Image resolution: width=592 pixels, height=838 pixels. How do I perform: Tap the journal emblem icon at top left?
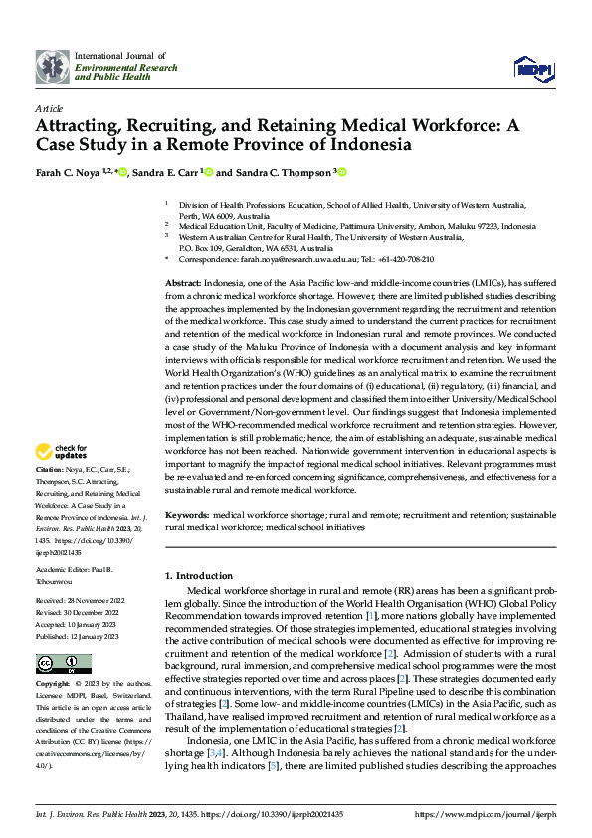click(x=53, y=66)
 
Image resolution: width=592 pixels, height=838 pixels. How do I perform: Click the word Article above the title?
click(x=49, y=107)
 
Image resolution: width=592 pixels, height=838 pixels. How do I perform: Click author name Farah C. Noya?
click(x=65, y=172)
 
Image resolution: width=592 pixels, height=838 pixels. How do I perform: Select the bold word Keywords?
click(x=187, y=515)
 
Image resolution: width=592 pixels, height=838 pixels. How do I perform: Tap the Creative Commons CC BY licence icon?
click(x=63, y=664)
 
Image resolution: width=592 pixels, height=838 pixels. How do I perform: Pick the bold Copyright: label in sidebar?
click(x=54, y=685)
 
